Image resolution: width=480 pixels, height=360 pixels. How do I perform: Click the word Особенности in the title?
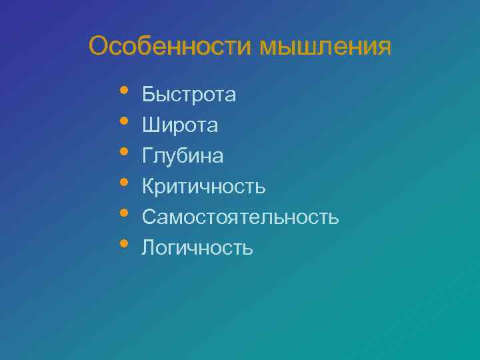[x=171, y=47]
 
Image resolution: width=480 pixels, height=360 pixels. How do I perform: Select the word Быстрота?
[x=189, y=95]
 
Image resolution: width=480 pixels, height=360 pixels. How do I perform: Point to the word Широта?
[x=179, y=125]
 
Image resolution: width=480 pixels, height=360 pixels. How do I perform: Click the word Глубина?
[x=183, y=156]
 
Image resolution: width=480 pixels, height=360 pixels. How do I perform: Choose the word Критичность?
[x=203, y=187]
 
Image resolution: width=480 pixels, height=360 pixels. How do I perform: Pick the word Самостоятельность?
[x=240, y=217]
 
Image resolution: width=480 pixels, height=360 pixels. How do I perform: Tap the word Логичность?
[x=197, y=248]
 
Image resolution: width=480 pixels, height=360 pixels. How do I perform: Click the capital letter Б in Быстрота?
[x=148, y=95]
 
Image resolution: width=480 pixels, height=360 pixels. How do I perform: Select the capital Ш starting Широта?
[x=150, y=125]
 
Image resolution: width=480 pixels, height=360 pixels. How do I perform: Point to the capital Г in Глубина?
[x=147, y=156]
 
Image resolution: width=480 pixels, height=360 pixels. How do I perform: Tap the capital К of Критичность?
[x=148, y=187]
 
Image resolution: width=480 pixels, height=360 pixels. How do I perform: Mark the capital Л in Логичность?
[x=148, y=248]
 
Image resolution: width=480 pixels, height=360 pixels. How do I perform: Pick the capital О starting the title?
[x=99, y=47]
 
